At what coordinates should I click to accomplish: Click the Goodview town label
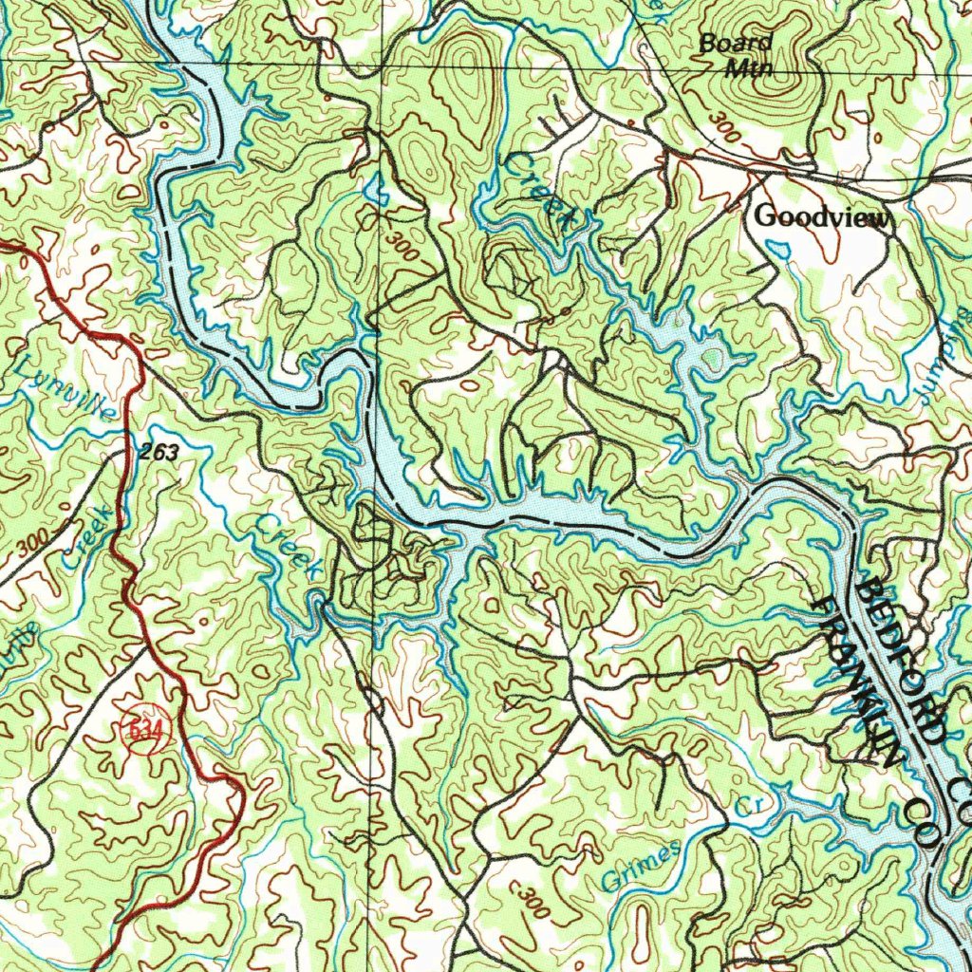822,217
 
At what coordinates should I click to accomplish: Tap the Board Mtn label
736,55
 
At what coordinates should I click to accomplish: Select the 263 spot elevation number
158,453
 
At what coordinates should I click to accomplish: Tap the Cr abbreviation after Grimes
751,806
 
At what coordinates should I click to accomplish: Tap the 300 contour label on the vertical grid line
402,247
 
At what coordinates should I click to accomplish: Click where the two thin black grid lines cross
382,65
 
